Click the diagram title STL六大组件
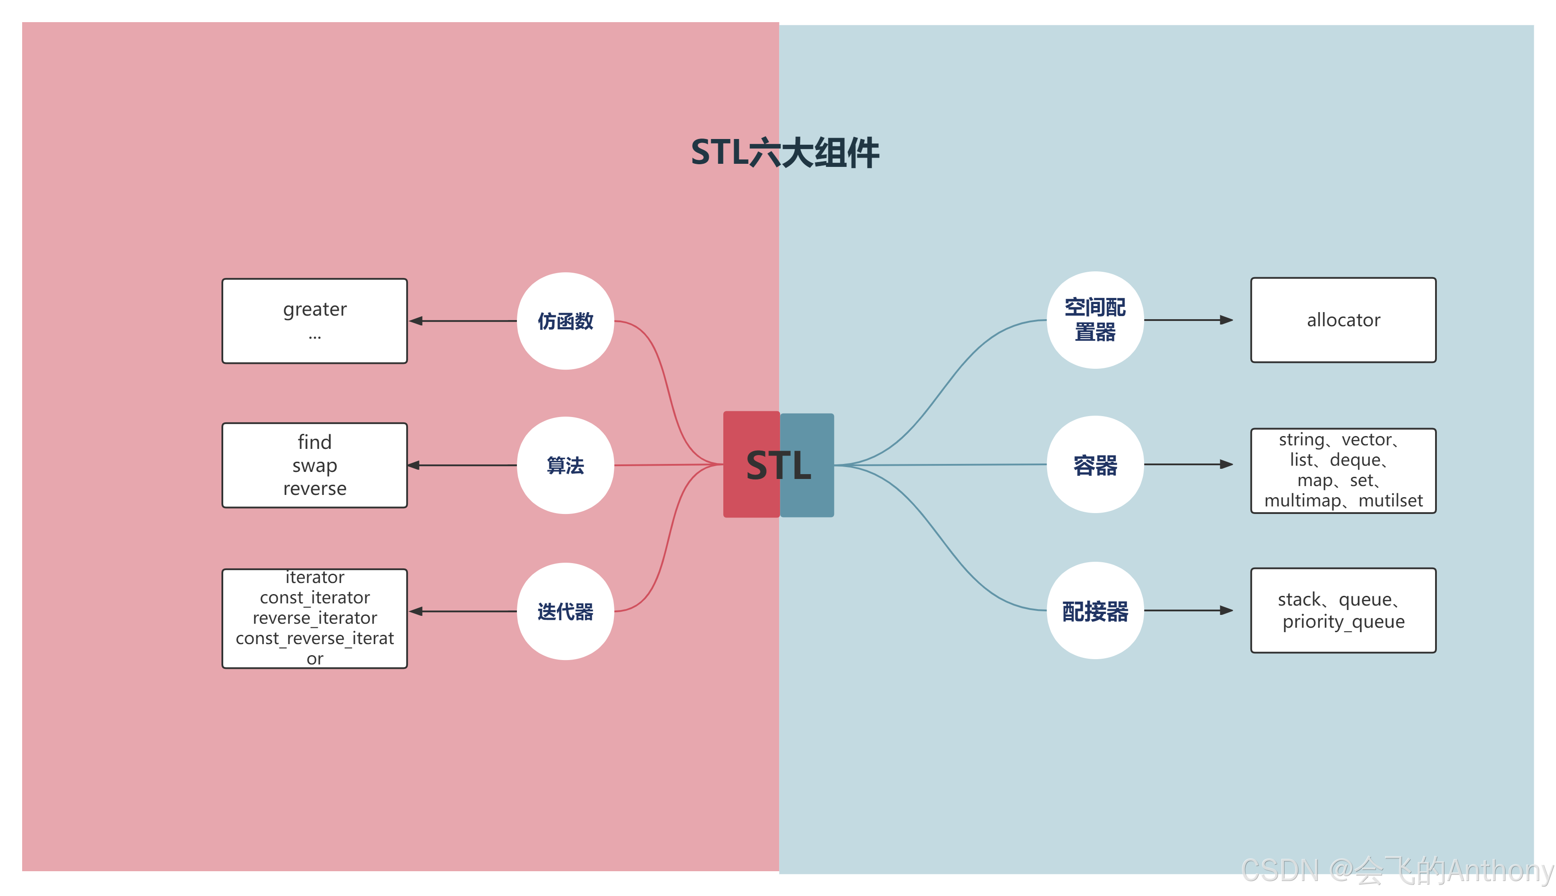[785, 153]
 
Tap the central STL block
[779, 465]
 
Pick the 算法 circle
[565, 465]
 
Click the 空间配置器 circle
[1095, 320]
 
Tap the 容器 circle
[1095, 465]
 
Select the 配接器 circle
[1095, 611]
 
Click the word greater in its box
[314, 309]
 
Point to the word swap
[314, 466]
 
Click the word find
[314, 442]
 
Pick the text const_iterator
[314, 598]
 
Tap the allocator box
[1343, 320]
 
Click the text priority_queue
[1343, 622]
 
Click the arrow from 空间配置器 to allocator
[1188, 320]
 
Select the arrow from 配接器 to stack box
[1188, 610]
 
